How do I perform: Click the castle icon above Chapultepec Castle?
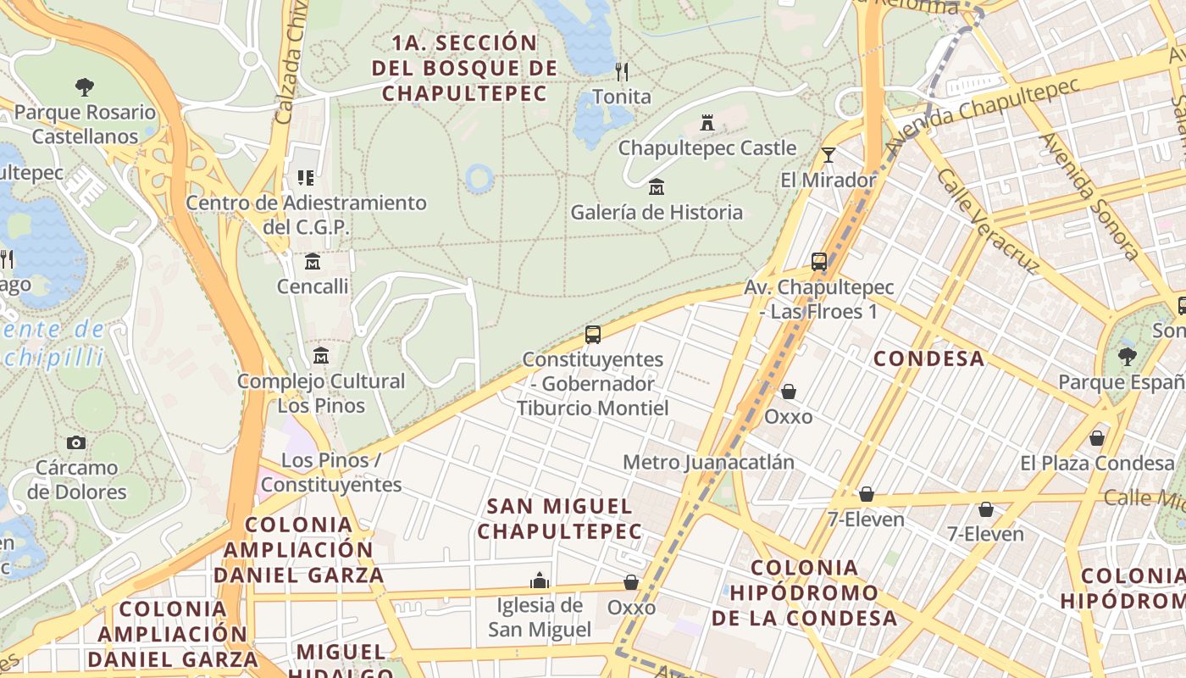pyautogui.click(x=707, y=123)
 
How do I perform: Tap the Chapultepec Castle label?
pyautogui.click(x=707, y=148)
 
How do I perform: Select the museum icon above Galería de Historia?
pyautogui.click(x=657, y=186)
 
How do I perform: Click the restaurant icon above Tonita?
pyautogui.click(x=622, y=70)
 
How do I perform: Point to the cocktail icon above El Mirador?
pyautogui.click(x=829, y=154)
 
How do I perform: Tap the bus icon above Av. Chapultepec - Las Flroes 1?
pyautogui.click(x=819, y=262)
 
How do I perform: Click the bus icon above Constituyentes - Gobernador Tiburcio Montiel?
pyautogui.click(x=593, y=334)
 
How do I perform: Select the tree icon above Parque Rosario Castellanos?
pyautogui.click(x=84, y=86)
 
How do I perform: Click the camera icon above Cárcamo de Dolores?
pyautogui.click(x=76, y=442)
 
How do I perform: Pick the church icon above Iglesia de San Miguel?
pyautogui.click(x=540, y=581)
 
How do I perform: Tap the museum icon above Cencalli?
pyautogui.click(x=313, y=260)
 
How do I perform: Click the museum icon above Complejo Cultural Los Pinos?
pyautogui.click(x=321, y=355)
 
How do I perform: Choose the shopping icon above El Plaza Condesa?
pyautogui.click(x=1097, y=438)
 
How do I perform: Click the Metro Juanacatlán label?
pyautogui.click(x=709, y=462)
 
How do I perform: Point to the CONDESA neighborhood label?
pyautogui.click(x=929, y=358)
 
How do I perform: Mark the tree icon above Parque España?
pyautogui.click(x=1127, y=356)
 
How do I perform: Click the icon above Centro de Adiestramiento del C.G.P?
pyautogui.click(x=306, y=178)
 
